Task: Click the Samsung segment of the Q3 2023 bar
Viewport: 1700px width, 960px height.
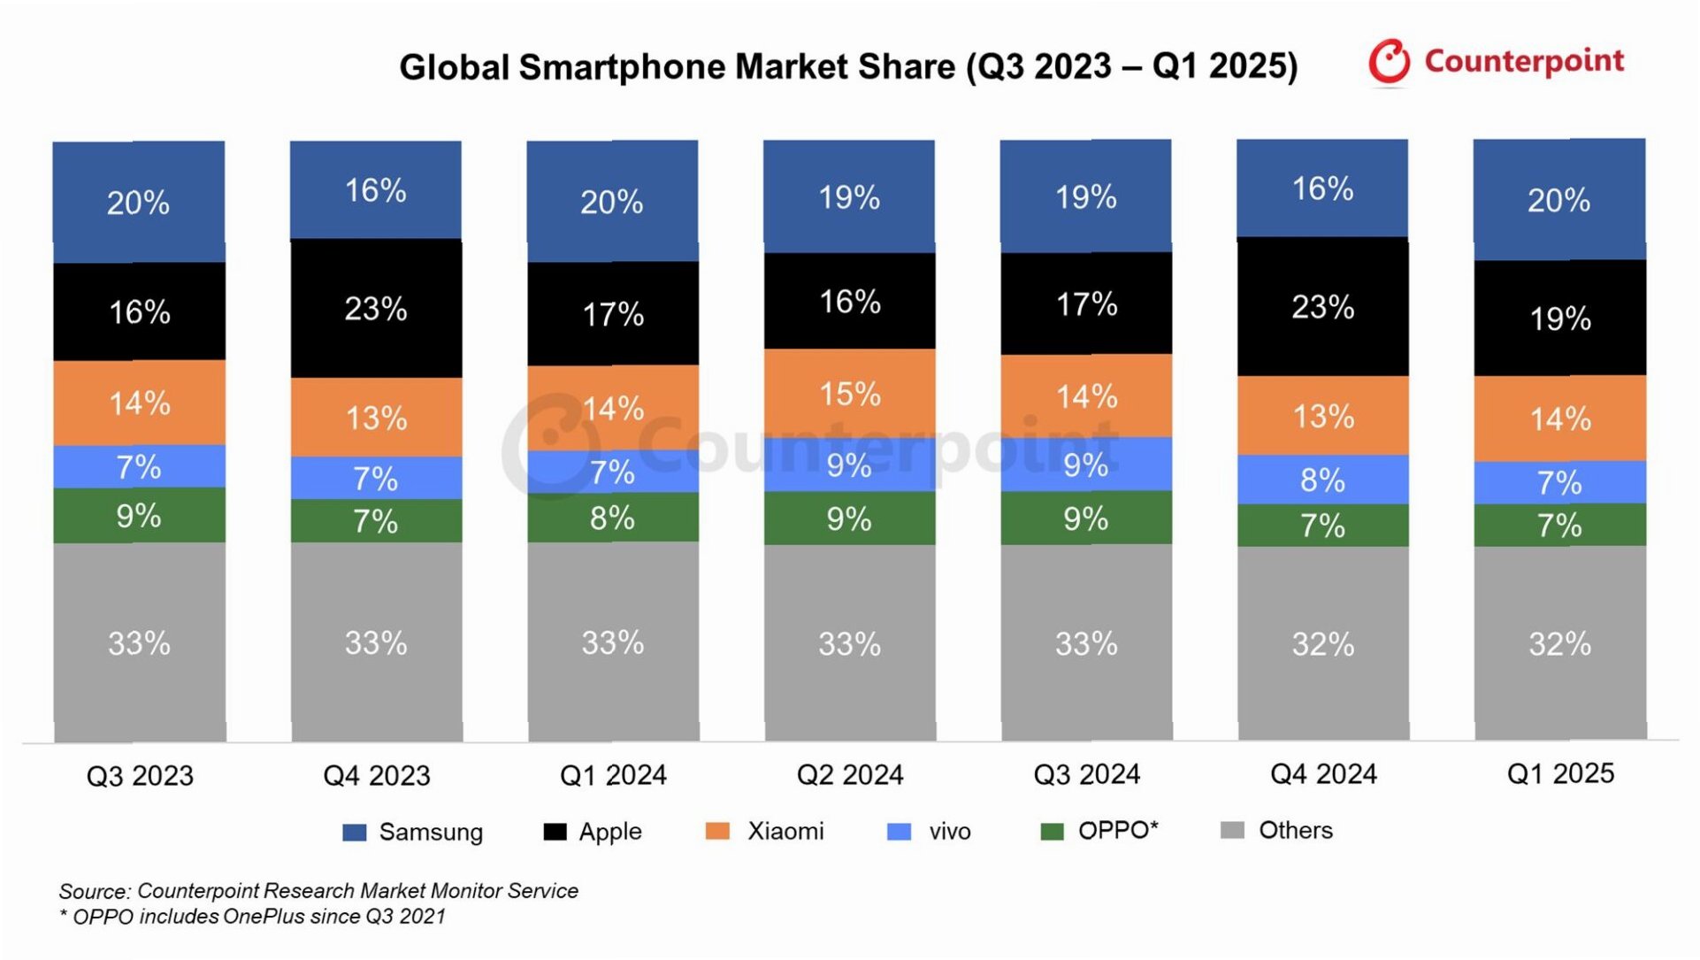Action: click(139, 202)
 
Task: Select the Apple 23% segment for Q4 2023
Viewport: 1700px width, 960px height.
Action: click(376, 308)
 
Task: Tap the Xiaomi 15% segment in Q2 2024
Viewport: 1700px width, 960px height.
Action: click(849, 393)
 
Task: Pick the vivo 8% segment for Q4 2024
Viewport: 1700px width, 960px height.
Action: click(1322, 480)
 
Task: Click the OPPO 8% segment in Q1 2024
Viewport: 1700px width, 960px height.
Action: click(613, 518)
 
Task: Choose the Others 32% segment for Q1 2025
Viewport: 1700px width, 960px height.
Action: click(1559, 643)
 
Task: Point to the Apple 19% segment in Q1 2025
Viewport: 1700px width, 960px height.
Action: click(1559, 318)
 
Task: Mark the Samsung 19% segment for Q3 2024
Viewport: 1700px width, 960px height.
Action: click(1085, 196)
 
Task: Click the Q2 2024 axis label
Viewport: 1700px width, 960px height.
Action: click(850, 775)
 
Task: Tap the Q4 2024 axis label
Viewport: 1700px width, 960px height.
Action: click(1323, 774)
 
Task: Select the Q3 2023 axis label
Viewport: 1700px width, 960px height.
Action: click(140, 776)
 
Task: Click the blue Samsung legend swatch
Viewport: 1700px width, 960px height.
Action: click(354, 832)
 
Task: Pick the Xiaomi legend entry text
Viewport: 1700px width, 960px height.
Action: click(785, 831)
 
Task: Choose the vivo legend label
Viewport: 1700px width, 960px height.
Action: click(950, 831)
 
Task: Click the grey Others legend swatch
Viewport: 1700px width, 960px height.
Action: click(1232, 830)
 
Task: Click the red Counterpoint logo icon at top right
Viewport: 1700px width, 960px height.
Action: click(1389, 62)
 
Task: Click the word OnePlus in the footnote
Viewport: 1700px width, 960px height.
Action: click(263, 917)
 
